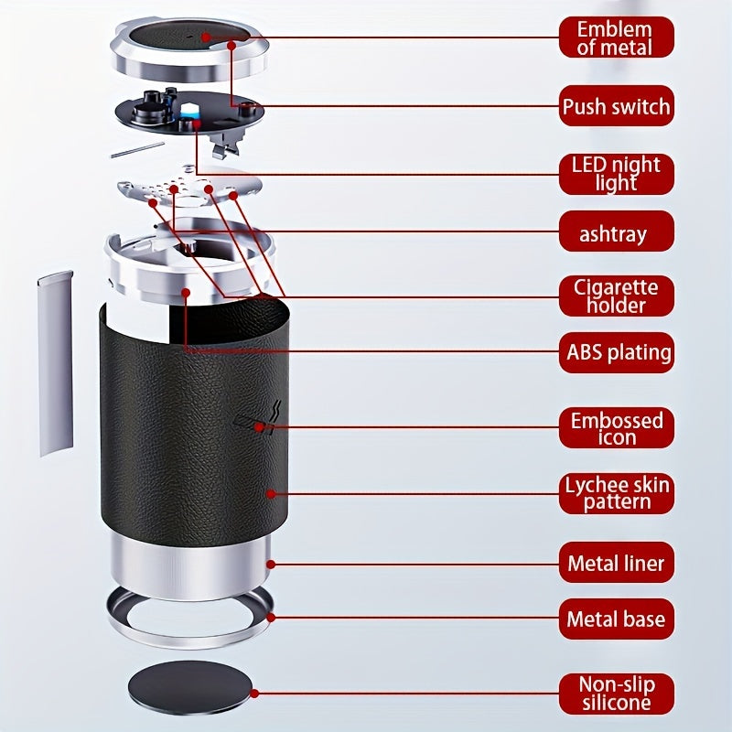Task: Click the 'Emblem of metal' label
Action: tap(616, 38)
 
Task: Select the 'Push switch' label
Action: tap(616, 106)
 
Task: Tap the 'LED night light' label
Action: tap(616, 174)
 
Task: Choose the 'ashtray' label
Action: tap(616, 231)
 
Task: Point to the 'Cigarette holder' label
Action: tap(616, 296)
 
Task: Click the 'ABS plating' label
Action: tap(616, 352)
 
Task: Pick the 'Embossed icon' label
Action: tap(616, 427)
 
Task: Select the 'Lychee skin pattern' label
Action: tap(616, 493)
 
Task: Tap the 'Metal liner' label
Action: tap(616, 563)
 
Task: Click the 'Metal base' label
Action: tap(616, 619)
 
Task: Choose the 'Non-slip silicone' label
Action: tap(616, 694)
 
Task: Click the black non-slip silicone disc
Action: tap(189, 687)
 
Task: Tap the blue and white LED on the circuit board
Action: tap(190, 112)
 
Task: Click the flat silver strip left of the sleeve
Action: tap(56, 363)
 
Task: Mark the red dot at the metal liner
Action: tap(271, 565)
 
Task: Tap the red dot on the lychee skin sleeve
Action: tap(271, 494)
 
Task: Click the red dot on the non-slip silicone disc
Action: tap(254, 694)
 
